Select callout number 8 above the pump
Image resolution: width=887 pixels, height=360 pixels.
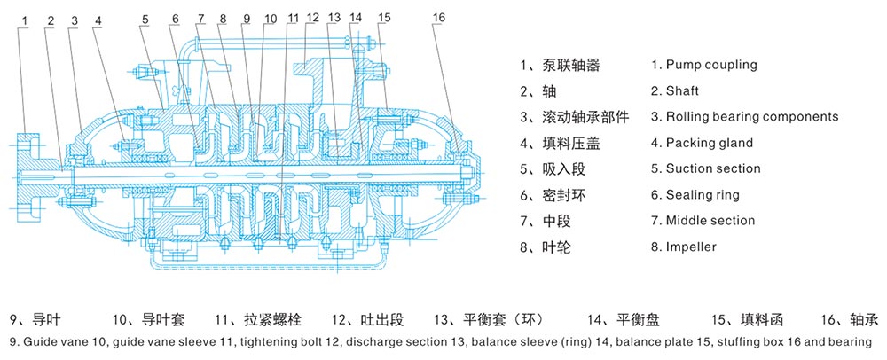[x=222, y=18]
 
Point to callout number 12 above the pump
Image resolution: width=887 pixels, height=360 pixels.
[x=310, y=18]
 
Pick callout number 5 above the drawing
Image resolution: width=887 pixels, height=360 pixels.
[x=144, y=18]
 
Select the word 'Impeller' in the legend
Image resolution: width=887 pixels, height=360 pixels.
[x=691, y=247]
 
